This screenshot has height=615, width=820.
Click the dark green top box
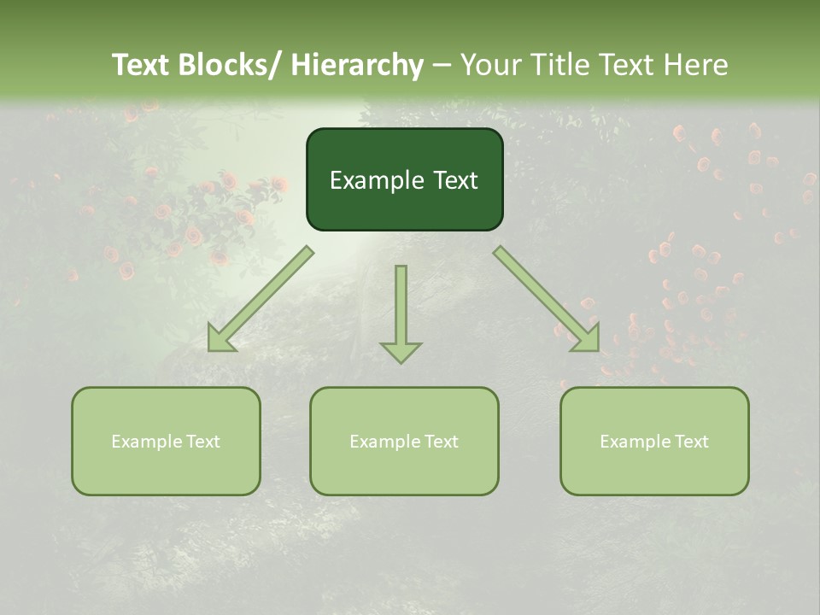[x=404, y=179]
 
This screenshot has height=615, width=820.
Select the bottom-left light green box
[x=166, y=441]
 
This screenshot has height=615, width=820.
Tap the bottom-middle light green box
[x=404, y=441]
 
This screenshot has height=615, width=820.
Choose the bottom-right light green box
[x=654, y=441]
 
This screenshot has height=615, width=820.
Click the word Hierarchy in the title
[x=357, y=65]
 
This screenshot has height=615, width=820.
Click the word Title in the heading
[x=565, y=65]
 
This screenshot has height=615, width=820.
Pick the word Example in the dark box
[x=377, y=180]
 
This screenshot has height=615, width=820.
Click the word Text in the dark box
[x=455, y=180]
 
